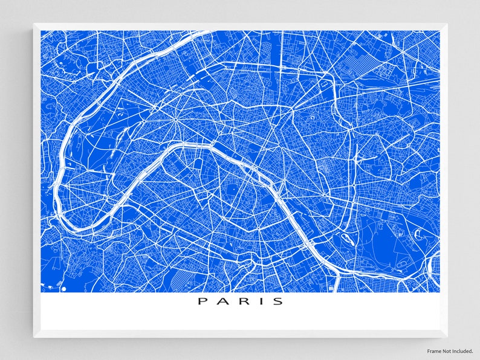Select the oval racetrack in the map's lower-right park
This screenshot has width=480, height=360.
click(418, 233)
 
